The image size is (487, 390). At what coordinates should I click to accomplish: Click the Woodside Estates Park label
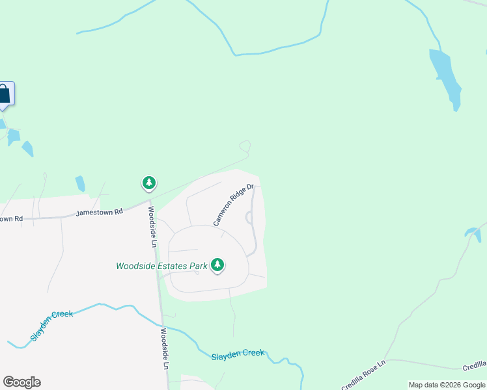pyautogui.click(x=161, y=265)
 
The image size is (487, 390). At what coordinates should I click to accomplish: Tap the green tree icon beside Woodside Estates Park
pyautogui.click(x=217, y=265)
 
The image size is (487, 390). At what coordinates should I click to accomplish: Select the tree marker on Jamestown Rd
pyautogui.click(x=149, y=183)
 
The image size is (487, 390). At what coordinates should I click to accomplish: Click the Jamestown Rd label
pyautogui.click(x=100, y=212)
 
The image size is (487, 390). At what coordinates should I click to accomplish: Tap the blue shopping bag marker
pyautogui.click(x=4, y=94)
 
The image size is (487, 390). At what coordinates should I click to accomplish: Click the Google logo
pyautogui.click(x=21, y=382)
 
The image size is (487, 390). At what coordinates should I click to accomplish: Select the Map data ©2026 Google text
pyautogui.click(x=447, y=385)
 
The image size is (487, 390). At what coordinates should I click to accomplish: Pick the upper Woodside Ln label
pyautogui.click(x=152, y=227)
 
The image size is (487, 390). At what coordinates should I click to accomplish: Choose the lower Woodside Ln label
pyautogui.click(x=165, y=349)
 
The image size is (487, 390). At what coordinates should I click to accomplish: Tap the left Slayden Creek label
pyautogui.click(x=52, y=326)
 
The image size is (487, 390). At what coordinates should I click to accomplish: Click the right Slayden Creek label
pyautogui.click(x=238, y=354)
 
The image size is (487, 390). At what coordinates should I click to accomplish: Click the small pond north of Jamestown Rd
pyautogui.click(x=80, y=184)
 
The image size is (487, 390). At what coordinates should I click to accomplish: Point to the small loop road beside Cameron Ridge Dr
pyautogui.click(x=249, y=218)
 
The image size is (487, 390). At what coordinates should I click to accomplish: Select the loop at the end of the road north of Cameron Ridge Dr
pyautogui.click(x=245, y=146)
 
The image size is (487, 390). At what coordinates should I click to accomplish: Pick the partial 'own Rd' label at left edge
pyautogui.click(x=11, y=218)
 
